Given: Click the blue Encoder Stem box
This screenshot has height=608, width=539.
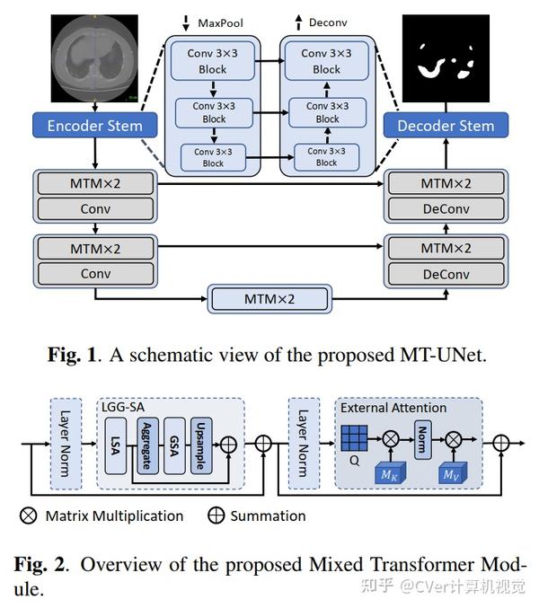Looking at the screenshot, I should click(x=93, y=126).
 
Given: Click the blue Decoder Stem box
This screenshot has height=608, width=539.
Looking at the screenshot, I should click(x=446, y=126).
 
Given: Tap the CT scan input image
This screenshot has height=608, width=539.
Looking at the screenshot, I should click(x=93, y=59).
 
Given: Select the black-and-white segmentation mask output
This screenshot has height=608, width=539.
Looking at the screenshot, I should click(x=446, y=59).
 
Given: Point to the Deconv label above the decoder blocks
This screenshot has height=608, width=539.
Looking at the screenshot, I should click(x=323, y=22).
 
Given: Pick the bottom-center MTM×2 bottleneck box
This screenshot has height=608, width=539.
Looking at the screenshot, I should click(x=269, y=298).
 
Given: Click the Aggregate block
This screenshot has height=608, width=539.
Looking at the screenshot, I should click(x=149, y=443).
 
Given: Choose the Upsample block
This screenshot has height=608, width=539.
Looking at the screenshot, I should click(x=201, y=443).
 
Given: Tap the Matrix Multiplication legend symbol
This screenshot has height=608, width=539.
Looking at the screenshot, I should click(x=30, y=515).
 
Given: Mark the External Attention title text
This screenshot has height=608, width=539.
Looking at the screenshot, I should click(x=393, y=408).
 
